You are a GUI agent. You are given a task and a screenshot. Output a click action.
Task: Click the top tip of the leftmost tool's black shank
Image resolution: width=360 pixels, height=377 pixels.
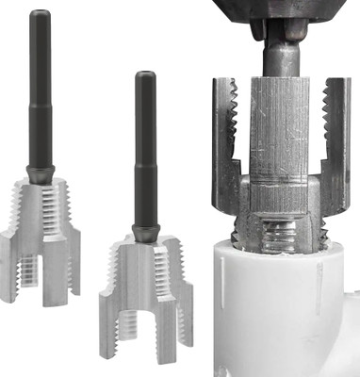[x=39, y=13]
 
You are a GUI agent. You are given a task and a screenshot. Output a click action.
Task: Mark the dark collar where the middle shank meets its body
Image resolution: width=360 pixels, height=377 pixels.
[x=143, y=232]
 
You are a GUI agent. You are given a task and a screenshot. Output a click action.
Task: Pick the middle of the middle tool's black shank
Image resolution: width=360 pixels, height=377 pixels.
[x=143, y=151]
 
